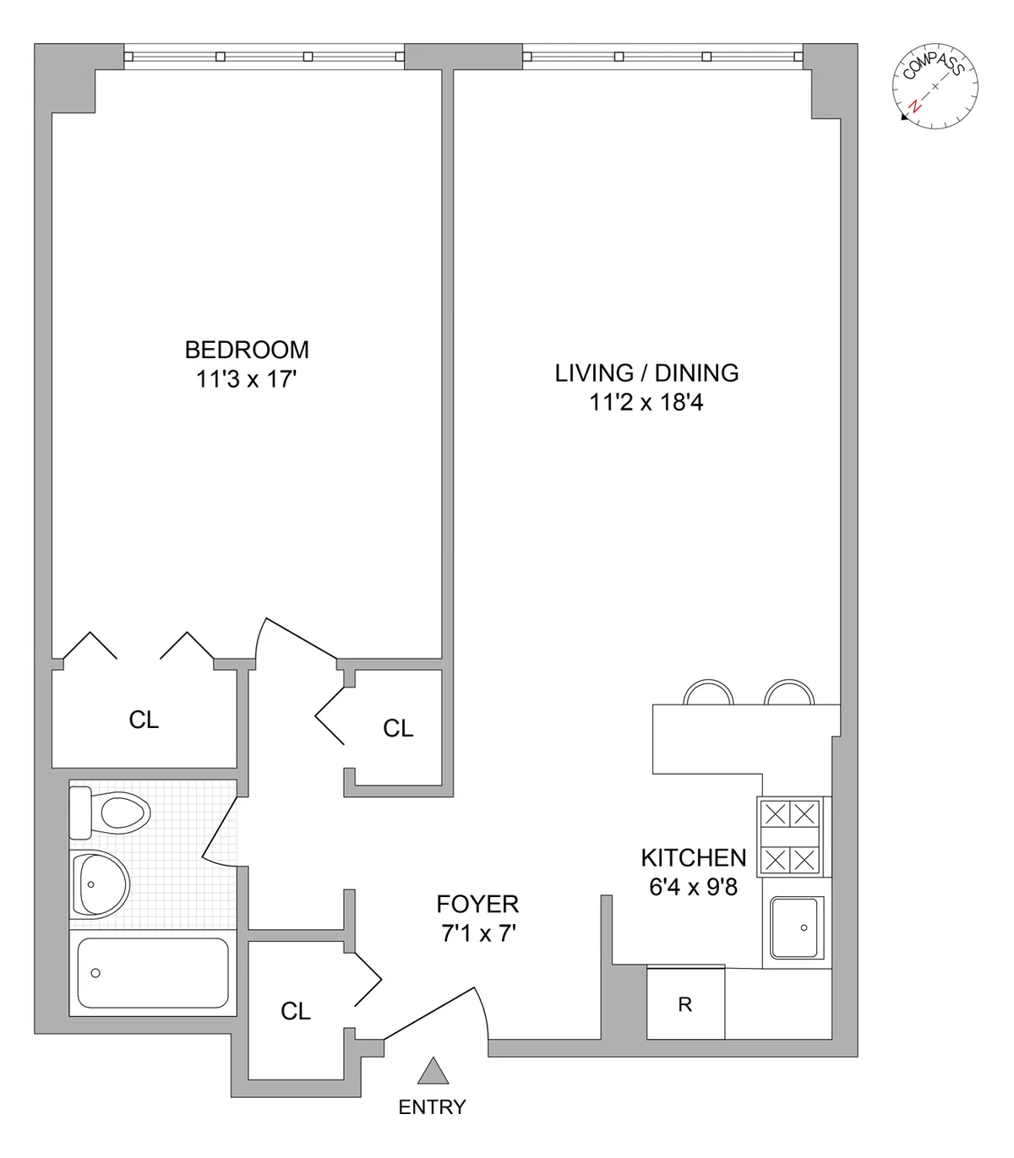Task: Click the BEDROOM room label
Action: (247, 350)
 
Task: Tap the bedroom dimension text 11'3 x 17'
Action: (247, 379)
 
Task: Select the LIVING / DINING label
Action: (646, 372)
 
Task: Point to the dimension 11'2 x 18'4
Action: (646, 402)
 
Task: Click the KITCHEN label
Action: (693, 858)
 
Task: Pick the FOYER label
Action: (477, 905)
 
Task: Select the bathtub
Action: (153, 973)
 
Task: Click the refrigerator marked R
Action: (685, 1004)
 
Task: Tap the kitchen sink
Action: (797, 927)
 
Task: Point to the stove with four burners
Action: (790, 838)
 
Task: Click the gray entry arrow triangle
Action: (433, 1071)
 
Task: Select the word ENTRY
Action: (432, 1106)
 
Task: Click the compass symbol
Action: (935, 87)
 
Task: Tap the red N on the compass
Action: (914, 107)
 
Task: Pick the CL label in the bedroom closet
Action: (144, 720)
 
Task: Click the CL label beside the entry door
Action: (296, 1011)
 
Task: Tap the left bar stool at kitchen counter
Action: (708, 693)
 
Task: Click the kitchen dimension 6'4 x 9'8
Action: (693, 888)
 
